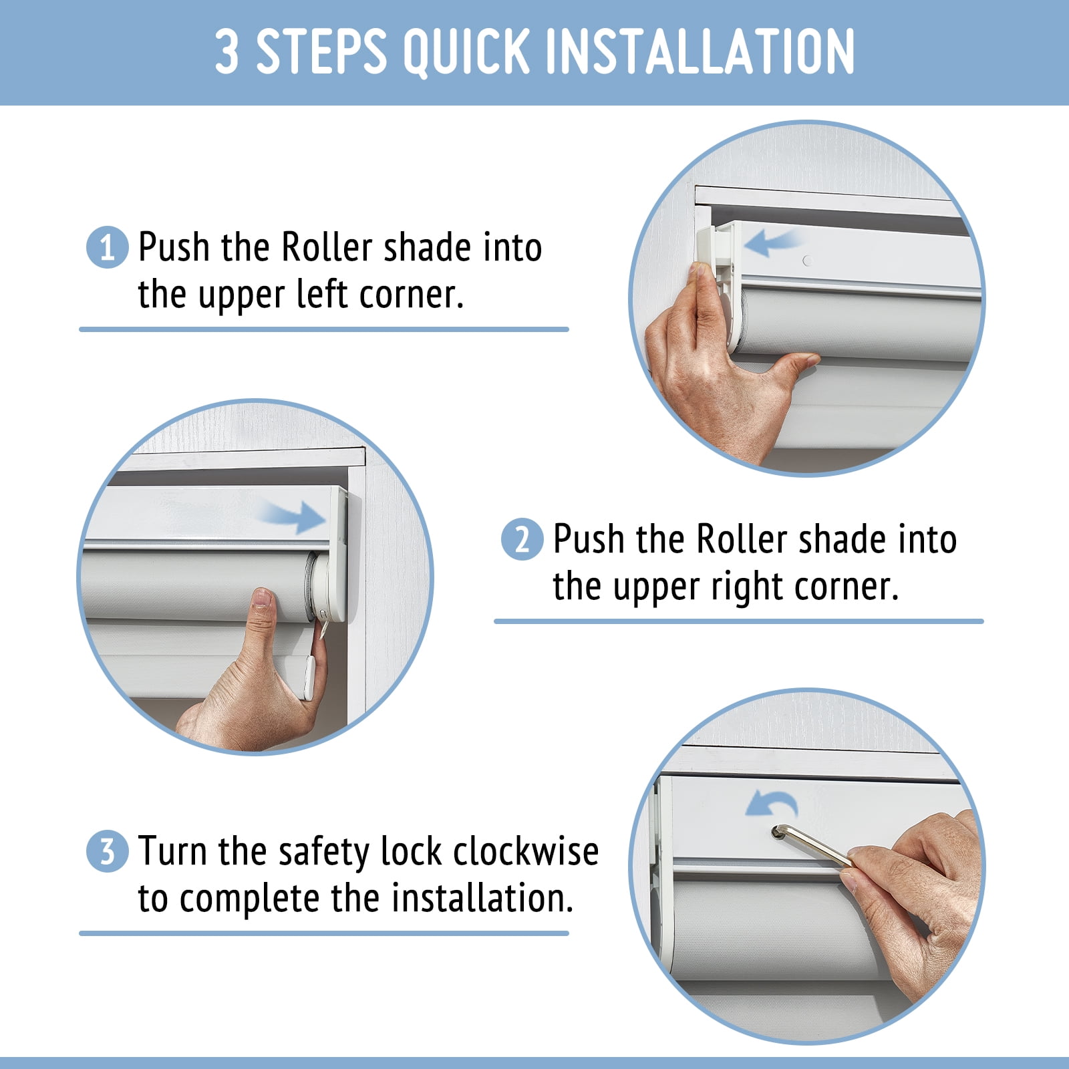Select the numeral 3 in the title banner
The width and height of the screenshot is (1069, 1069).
227,51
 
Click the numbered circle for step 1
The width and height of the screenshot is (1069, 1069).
107,248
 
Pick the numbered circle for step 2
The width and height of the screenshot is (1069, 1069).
522,539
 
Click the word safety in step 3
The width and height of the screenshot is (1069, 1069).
325,853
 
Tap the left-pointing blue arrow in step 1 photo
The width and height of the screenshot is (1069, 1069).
772,243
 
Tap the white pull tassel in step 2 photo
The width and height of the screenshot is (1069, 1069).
309,677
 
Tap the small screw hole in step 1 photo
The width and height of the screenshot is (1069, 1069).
807,261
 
